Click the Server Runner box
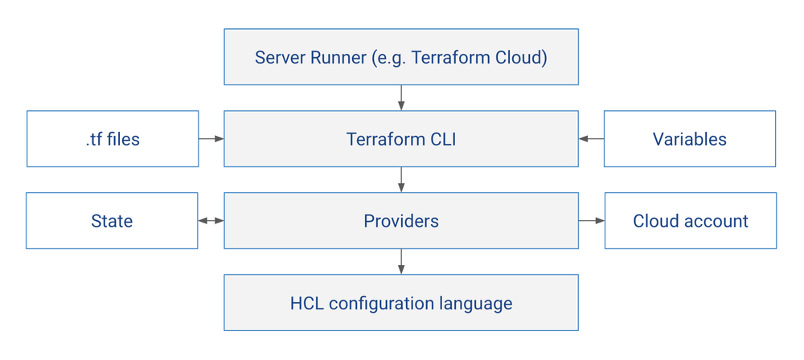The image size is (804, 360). [x=400, y=57]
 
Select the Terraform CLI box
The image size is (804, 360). [x=400, y=139]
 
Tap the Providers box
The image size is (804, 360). [x=400, y=221]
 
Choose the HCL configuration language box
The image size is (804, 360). [x=400, y=303]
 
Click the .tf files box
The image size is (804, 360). [x=113, y=139]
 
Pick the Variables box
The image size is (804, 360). [x=689, y=139]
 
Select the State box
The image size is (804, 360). [x=112, y=221]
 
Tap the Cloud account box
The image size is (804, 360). [x=690, y=221]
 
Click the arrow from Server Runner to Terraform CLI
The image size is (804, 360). [x=401, y=98]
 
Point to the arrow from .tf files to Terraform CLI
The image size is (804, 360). [x=211, y=139]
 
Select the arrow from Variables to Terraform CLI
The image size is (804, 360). [x=591, y=139]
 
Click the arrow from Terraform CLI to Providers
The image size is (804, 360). [x=401, y=180]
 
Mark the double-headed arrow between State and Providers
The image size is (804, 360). [x=211, y=221]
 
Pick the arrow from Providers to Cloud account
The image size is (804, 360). [x=591, y=221]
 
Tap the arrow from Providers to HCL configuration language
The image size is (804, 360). [x=401, y=262]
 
